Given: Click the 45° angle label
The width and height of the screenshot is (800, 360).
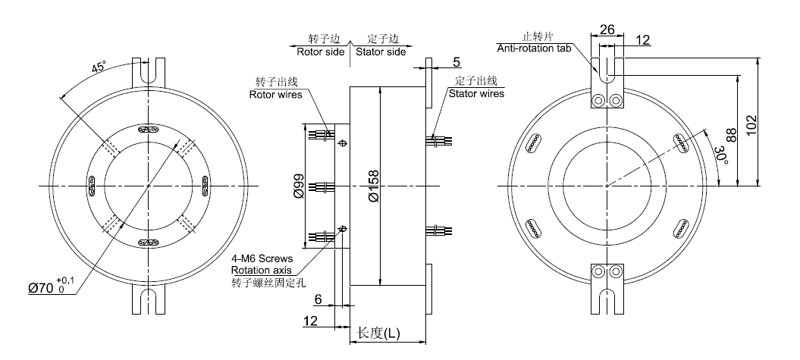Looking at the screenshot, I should (x=99, y=67).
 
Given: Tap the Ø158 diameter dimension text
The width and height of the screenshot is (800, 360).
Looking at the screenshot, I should (x=373, y=186).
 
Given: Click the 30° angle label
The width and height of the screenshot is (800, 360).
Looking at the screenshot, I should (x=720, y=156).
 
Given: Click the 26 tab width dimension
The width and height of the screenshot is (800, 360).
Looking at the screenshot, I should (x=607, y=30).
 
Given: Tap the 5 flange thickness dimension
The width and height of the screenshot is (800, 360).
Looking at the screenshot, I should (x=457, y=61).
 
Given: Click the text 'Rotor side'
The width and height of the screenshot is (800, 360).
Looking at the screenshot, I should (x=321, y=52).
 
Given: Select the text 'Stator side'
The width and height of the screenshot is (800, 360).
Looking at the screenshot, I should (x=381, y=52).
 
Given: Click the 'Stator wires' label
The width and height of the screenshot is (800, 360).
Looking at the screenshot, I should (x=476, y=94).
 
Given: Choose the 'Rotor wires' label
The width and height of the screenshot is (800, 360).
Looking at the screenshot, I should (x=276, y=95).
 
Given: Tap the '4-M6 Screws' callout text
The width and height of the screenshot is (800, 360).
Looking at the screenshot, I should (x=262, y=259).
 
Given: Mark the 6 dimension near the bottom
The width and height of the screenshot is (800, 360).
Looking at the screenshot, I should (x=318, y=300).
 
